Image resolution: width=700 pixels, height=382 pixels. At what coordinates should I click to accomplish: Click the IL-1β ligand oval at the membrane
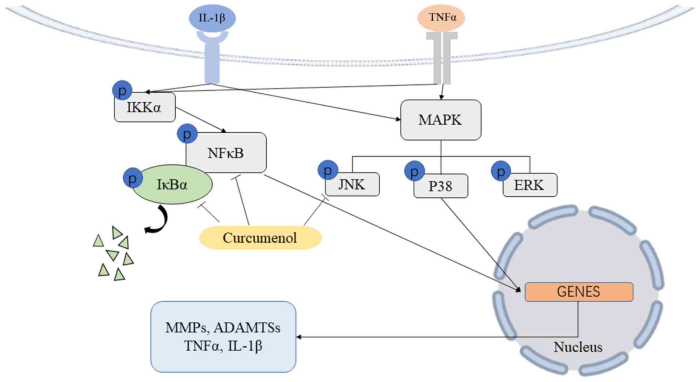(x=212, y=18)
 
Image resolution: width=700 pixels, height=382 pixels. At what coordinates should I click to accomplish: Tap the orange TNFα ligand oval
(x=441, y=17)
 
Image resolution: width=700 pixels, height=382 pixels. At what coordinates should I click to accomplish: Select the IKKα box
(x=145, y=107)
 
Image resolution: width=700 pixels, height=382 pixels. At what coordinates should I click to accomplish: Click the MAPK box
(x=441, y=120)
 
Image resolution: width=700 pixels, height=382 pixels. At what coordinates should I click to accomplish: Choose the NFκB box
(x=226, y=153)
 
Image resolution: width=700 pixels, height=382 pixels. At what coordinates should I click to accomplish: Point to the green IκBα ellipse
(x=172, y=185)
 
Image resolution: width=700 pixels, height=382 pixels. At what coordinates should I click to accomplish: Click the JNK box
(x=352, y=185)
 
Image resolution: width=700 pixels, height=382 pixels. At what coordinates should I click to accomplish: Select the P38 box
(x=441, y=186)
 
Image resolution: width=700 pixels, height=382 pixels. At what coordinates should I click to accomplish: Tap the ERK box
(x=529, y=185)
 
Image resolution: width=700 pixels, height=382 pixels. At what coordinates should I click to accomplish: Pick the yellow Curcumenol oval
(x=260, y=238)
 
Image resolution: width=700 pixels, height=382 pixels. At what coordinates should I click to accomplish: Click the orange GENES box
(x=578, y=292)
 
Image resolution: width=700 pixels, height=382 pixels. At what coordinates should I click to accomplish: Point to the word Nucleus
(x=578, y=347)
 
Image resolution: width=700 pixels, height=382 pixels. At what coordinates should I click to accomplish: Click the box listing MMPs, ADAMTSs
(x=223, y=337)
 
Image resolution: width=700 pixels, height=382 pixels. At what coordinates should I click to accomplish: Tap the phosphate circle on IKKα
(x=122, y=90)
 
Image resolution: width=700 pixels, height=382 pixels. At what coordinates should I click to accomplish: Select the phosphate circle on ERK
(x=501, y=171)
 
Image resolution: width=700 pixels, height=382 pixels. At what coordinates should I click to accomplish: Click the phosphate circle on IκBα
(x=133, y=178)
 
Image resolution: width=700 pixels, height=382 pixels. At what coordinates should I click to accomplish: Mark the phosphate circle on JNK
(x=328, y=170)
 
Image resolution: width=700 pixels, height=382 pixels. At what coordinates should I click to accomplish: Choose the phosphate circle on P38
(x=414, y=171)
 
